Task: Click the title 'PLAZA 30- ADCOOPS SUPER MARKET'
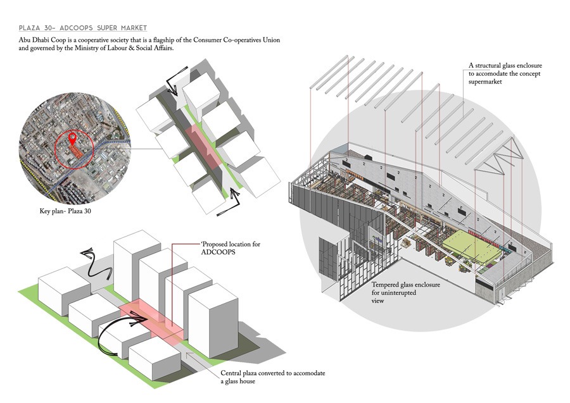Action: point(83,28)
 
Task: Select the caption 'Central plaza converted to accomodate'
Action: point(273,373)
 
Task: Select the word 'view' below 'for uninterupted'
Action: point(378,301)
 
